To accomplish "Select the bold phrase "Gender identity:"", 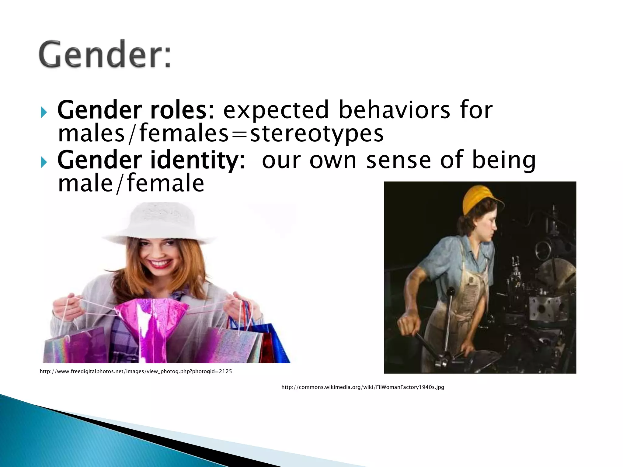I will tap(151, 160).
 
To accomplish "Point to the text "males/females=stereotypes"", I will tap(221, 134).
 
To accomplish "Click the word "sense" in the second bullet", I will tap(399, 160).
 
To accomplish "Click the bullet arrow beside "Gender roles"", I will tap(44, 113).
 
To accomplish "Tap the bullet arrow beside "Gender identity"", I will tap(44, 163).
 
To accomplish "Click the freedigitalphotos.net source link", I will tap(136, 371).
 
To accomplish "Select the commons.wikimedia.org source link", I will tap(363, 387).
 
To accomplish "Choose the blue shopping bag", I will tap(275, 344).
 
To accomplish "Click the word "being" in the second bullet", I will tap(503, 160).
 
